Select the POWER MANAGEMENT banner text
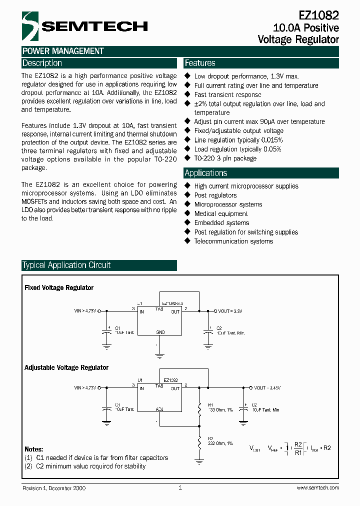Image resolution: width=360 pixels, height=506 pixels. (63, 51)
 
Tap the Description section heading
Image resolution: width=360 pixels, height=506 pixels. (42, 63)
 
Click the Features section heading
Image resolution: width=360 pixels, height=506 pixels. (200, 63)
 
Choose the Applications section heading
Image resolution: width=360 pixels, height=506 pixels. (206, 173)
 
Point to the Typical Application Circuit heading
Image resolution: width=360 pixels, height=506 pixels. (66, 265)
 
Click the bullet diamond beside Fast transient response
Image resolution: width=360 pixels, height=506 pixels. (188, 94)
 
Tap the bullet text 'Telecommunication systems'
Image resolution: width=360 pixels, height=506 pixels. (233, 241)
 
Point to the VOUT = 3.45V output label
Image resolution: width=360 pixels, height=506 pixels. (267, 387)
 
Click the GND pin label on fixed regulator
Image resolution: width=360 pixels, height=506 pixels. (160, 332)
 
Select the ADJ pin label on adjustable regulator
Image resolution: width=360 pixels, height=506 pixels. (159, 409)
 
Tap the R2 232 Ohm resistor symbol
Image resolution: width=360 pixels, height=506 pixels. (199, 442)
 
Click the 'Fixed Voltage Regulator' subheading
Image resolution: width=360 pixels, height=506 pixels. (59, 287)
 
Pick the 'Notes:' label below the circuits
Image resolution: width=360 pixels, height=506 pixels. (34, 449)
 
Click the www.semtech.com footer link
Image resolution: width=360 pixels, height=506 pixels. (317, 487)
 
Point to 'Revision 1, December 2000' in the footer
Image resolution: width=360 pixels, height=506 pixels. (54, 487)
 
